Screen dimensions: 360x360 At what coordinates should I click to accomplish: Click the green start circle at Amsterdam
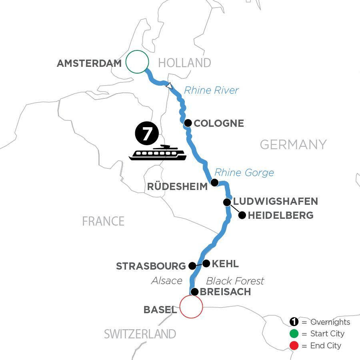(137, 62)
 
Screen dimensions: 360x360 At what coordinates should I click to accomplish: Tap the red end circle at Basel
(191, 307)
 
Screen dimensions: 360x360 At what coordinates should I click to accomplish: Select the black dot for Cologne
(188, 123)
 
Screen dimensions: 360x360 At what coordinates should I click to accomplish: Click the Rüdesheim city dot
(214, 183)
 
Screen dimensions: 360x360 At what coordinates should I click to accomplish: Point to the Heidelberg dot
(242, 215)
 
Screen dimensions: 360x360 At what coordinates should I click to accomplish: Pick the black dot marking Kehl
(206, 263)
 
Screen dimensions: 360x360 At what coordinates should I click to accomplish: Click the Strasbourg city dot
(192, 266)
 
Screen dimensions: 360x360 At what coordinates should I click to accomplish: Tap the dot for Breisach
(194, 292)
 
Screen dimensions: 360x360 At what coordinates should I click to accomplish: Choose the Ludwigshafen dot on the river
(227, 202)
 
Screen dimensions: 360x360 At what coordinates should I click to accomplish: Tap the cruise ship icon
(158, 153)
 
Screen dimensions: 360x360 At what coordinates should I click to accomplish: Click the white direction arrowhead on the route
(170, 85)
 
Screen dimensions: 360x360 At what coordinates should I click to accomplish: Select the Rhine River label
(211, 90)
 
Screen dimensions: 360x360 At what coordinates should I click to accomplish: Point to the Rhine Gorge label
(244, 172)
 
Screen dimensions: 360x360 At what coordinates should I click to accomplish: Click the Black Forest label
(235, 281)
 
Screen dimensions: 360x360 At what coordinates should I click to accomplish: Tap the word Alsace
(167, 281)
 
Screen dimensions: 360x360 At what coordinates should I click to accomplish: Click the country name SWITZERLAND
(140, 334)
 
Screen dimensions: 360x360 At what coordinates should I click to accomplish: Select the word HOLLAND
(184, 63)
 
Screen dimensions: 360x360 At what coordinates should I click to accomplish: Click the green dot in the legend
(294, 334)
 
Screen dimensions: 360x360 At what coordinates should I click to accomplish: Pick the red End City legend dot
(294, 346)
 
